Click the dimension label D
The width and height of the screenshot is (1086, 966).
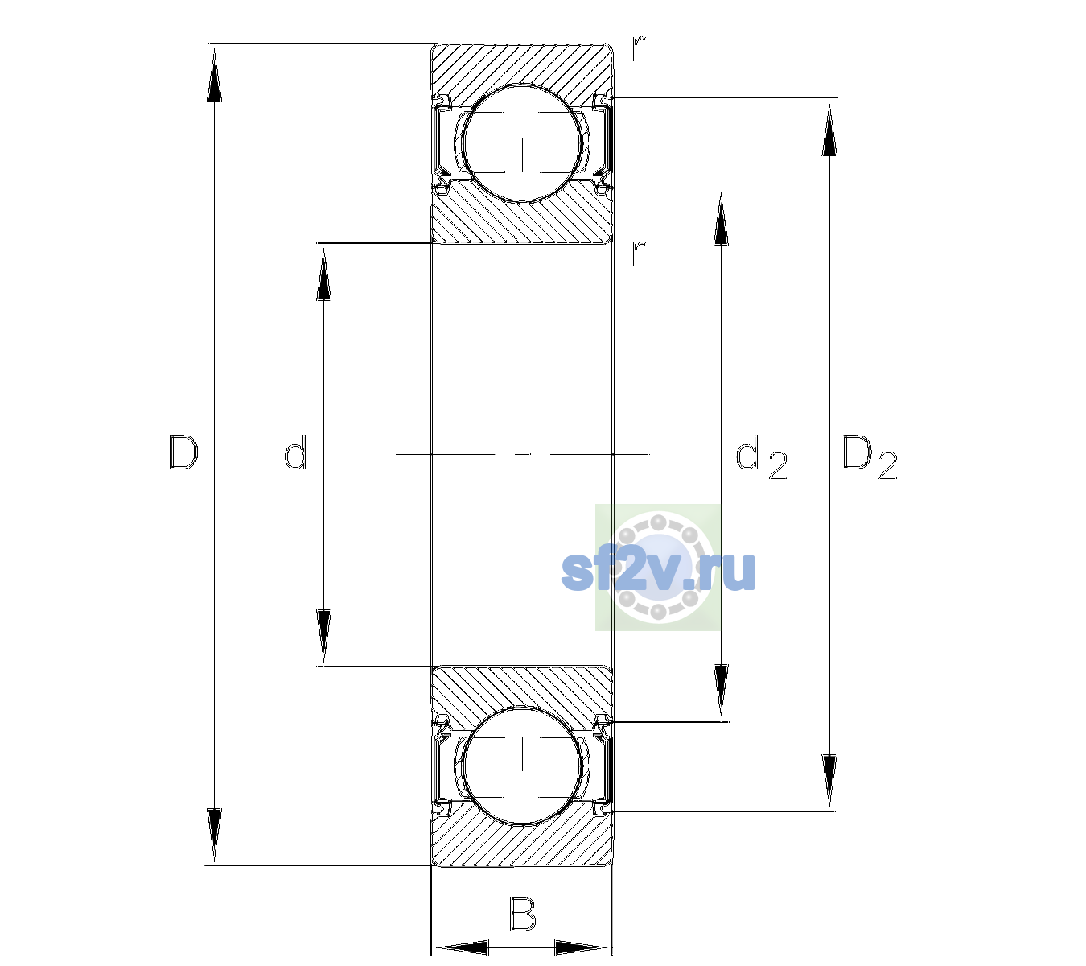click(184, 452)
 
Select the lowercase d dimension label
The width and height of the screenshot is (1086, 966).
click(295, 452)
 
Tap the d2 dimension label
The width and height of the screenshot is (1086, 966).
click(761, 456)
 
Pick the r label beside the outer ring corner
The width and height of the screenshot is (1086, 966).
click(639, 47)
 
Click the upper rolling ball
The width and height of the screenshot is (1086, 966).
click(522, 143)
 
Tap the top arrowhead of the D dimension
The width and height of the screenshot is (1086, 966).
click(214, 74)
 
